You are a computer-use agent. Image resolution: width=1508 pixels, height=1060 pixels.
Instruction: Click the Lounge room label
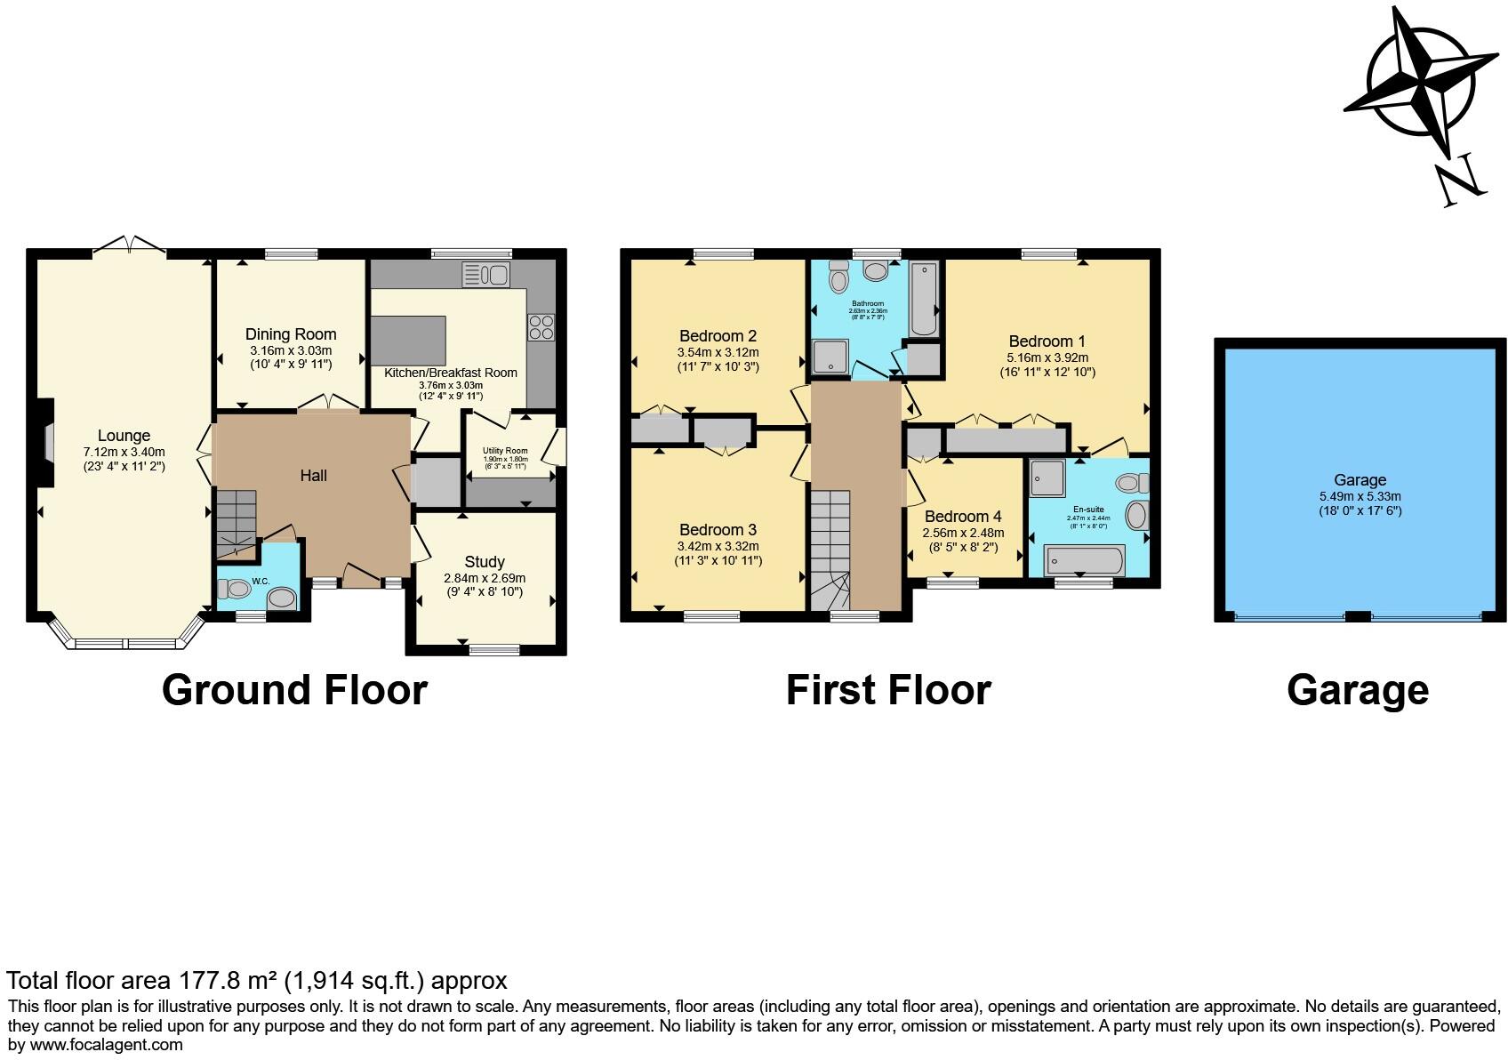pos(124,436)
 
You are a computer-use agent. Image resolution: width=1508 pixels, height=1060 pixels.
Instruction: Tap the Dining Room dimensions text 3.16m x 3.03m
pos(291,350)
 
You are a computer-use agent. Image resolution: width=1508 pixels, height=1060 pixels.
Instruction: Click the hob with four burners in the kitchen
pos(541,327)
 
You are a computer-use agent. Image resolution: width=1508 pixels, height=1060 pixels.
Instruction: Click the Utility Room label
pos(505,451)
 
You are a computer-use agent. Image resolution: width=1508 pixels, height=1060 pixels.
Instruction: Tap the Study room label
pos(485,562)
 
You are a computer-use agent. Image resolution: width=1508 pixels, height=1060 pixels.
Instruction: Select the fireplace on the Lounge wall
pos(45,442)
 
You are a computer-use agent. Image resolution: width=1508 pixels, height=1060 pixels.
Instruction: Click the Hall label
pos(313,476)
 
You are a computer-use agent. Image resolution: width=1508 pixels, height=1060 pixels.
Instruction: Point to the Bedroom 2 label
pos(718,336)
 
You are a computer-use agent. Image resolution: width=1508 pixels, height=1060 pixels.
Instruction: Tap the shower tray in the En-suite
pos(1047,478)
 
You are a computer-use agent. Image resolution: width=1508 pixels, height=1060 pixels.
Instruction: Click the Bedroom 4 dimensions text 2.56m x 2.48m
pos(963,533)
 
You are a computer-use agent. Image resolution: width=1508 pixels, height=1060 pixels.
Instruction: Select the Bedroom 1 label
pos(1047,341)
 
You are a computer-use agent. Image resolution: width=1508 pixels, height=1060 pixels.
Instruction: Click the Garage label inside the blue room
pos(1360,480)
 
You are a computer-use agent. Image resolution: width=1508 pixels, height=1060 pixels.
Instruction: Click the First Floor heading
pos(887,691)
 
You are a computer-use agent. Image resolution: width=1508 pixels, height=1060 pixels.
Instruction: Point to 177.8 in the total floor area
pos(207,981)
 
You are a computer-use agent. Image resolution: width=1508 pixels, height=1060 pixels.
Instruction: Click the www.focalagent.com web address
pos(107,1045)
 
